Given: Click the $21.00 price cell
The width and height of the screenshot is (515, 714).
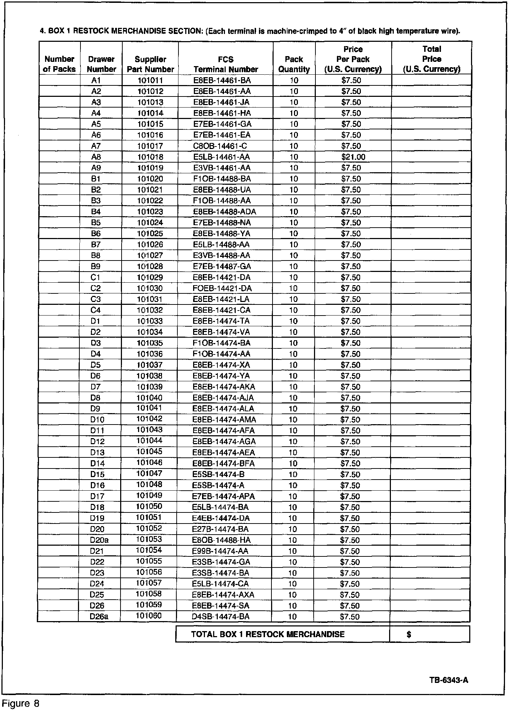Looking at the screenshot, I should tap(353, 157).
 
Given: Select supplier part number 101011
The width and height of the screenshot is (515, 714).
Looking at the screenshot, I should tap(150, 80).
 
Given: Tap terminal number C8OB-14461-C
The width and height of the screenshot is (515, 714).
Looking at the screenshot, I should tap(220, 146).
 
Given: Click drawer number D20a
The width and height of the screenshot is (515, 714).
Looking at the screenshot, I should tap(99, 540).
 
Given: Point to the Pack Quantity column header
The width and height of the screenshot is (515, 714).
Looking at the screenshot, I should tap(294, 64).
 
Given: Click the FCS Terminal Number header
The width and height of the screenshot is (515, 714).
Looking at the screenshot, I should tap(226, 64).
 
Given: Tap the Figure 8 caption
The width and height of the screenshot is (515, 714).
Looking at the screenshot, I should tap(20, 703).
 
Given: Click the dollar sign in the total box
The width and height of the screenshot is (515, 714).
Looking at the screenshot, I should tap(409, 634).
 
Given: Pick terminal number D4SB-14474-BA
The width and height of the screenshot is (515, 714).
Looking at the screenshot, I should tap(221, 616).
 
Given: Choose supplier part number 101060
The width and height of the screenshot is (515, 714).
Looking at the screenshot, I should tap(149, 616).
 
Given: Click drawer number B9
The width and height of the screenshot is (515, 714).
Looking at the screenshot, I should tap(96, 266).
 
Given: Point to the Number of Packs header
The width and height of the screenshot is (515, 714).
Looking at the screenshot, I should tap(59, 64).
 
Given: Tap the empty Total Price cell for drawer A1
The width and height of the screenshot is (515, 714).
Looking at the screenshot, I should tap(431, 80).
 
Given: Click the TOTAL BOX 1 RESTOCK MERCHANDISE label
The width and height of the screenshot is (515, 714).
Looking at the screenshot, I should tap(268, 634).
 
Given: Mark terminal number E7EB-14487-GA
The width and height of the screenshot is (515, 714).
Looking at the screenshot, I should tap(222, 266).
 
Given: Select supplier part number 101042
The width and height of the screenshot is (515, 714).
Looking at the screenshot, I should tap(149, 419).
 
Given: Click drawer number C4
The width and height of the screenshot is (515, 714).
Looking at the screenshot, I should tap(96, 310).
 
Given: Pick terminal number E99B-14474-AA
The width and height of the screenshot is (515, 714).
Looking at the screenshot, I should tap(220, 551).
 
